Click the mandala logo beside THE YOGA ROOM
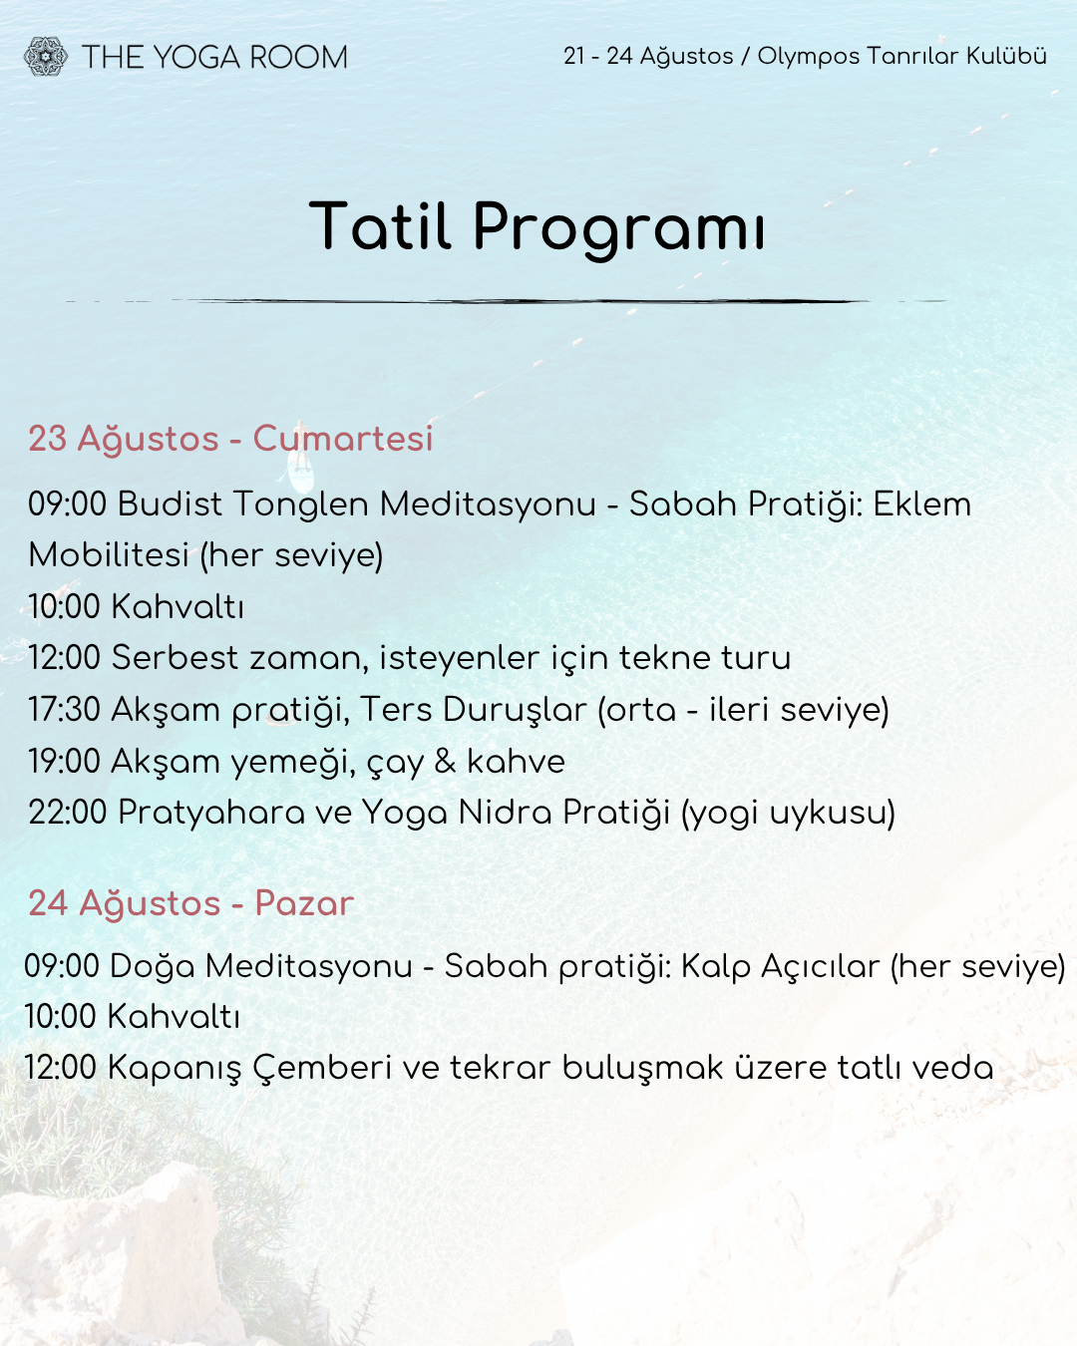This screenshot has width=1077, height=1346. [x=45, y=57]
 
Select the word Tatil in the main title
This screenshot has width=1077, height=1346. [x=380, y=225]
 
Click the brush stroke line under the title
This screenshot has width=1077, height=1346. [x=506, y=301]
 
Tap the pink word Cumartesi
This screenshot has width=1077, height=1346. [x=343, y=438]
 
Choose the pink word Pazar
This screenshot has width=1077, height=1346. [x=304, y=903]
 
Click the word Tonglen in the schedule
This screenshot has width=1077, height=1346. [x=300, y=505]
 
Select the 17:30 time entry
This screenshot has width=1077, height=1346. [x=64, y=710]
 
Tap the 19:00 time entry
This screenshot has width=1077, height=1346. [x=64, y=762]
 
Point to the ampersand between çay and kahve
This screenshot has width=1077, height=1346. [x=445, y=762]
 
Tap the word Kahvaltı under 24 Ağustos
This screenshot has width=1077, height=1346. [x=174, y=1016]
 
